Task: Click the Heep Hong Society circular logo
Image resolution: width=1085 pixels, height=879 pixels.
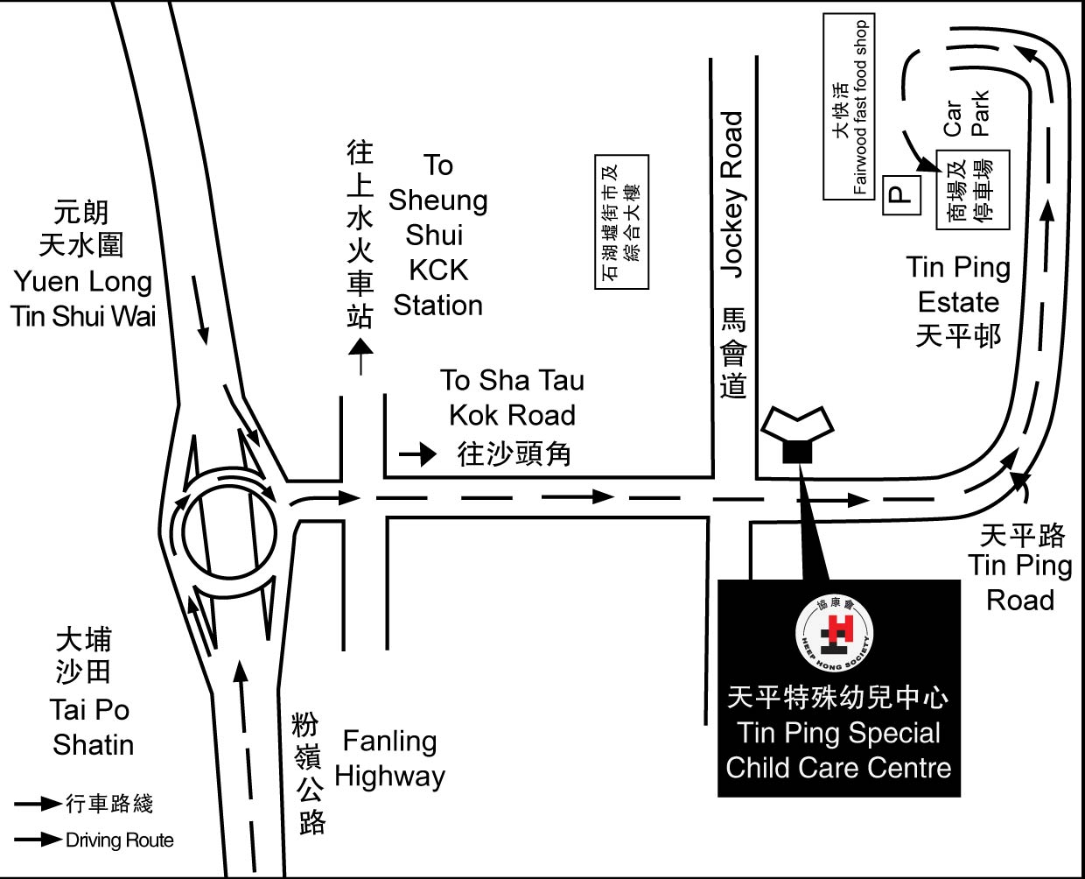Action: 835,634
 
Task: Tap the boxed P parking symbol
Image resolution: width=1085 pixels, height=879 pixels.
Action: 901,195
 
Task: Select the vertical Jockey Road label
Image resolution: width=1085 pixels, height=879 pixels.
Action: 732,194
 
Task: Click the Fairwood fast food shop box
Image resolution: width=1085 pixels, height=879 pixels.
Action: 849,107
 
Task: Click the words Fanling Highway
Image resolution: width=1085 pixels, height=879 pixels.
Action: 389,759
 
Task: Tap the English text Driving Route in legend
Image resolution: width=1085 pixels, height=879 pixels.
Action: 120,840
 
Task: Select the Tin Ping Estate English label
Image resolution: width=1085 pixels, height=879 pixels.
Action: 958,285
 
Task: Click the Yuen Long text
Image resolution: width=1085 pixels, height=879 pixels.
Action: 82,282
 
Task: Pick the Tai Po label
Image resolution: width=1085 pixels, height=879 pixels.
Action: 89,710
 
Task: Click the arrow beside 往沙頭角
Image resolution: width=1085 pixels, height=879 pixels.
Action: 417,454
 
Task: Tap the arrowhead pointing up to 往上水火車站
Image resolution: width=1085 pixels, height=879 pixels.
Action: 360,347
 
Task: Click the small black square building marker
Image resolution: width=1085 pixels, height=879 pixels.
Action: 797,452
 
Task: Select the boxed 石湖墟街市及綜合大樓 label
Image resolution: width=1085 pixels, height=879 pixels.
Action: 621,222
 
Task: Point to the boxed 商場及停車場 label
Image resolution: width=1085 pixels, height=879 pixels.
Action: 973,190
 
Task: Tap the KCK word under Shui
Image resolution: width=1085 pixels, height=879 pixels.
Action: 438,270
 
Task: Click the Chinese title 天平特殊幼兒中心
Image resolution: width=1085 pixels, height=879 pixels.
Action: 838,698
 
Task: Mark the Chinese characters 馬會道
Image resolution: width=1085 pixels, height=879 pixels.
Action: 733,353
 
